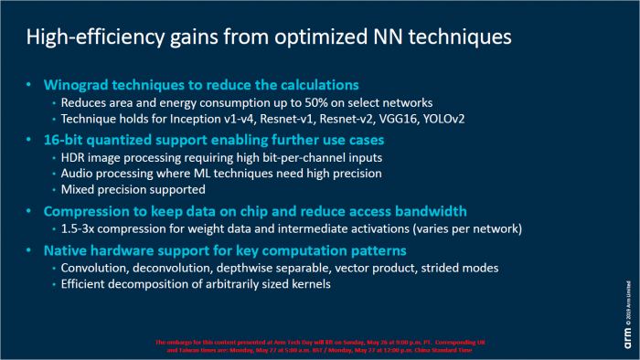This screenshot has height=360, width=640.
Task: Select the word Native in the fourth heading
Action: coord(70,249)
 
